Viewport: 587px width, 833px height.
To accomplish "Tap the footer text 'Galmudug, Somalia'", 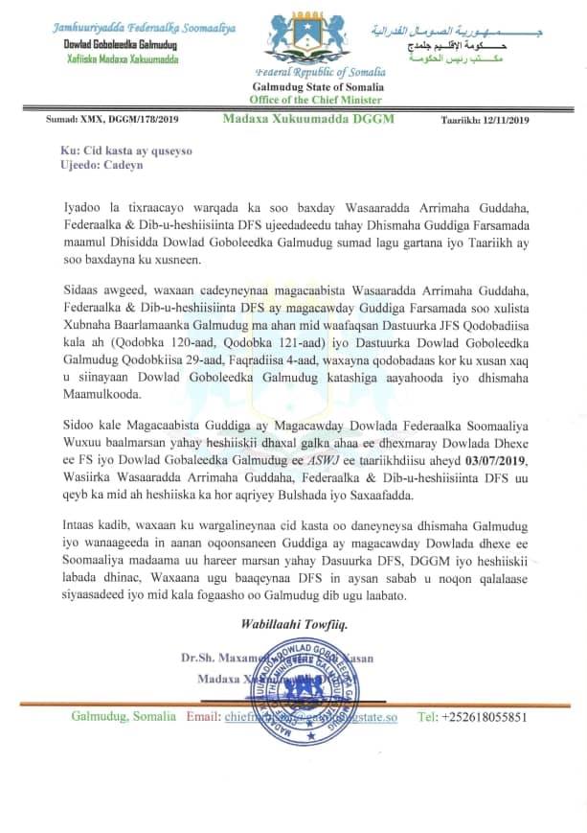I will (124, 717).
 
